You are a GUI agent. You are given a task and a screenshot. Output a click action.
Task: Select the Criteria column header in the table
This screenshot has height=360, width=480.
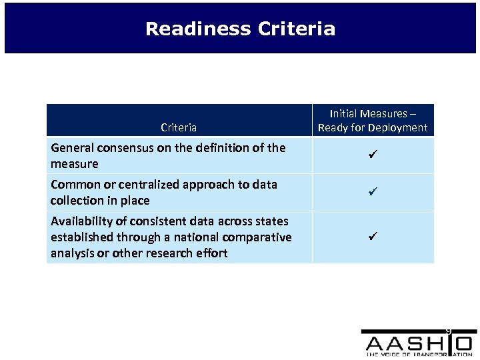[x=179, y=127]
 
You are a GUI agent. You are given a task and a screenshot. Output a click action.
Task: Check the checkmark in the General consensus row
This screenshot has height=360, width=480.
[x=373, y=156]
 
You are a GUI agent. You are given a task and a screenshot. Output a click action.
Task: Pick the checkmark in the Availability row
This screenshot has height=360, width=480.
[x=373, y=237]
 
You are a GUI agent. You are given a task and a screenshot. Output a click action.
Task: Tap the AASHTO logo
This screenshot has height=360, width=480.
[x=418, y=343]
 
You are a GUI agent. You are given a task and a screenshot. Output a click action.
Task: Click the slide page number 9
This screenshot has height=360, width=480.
[x=449, y=331]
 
